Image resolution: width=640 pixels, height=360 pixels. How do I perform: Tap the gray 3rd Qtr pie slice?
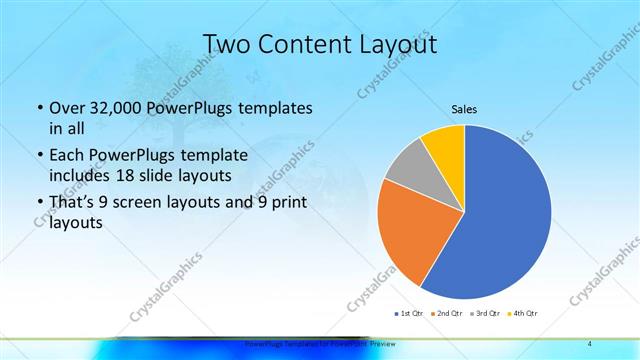(408, 168)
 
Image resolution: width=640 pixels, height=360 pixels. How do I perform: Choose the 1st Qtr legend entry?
(410, 313)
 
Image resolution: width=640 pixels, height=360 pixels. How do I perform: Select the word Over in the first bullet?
(66, 107)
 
